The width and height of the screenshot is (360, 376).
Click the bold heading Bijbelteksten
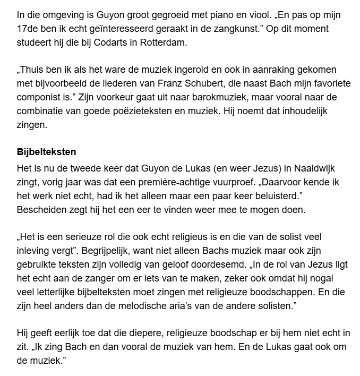tap(47, 152)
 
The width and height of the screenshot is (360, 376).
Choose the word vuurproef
tap(217, 181)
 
